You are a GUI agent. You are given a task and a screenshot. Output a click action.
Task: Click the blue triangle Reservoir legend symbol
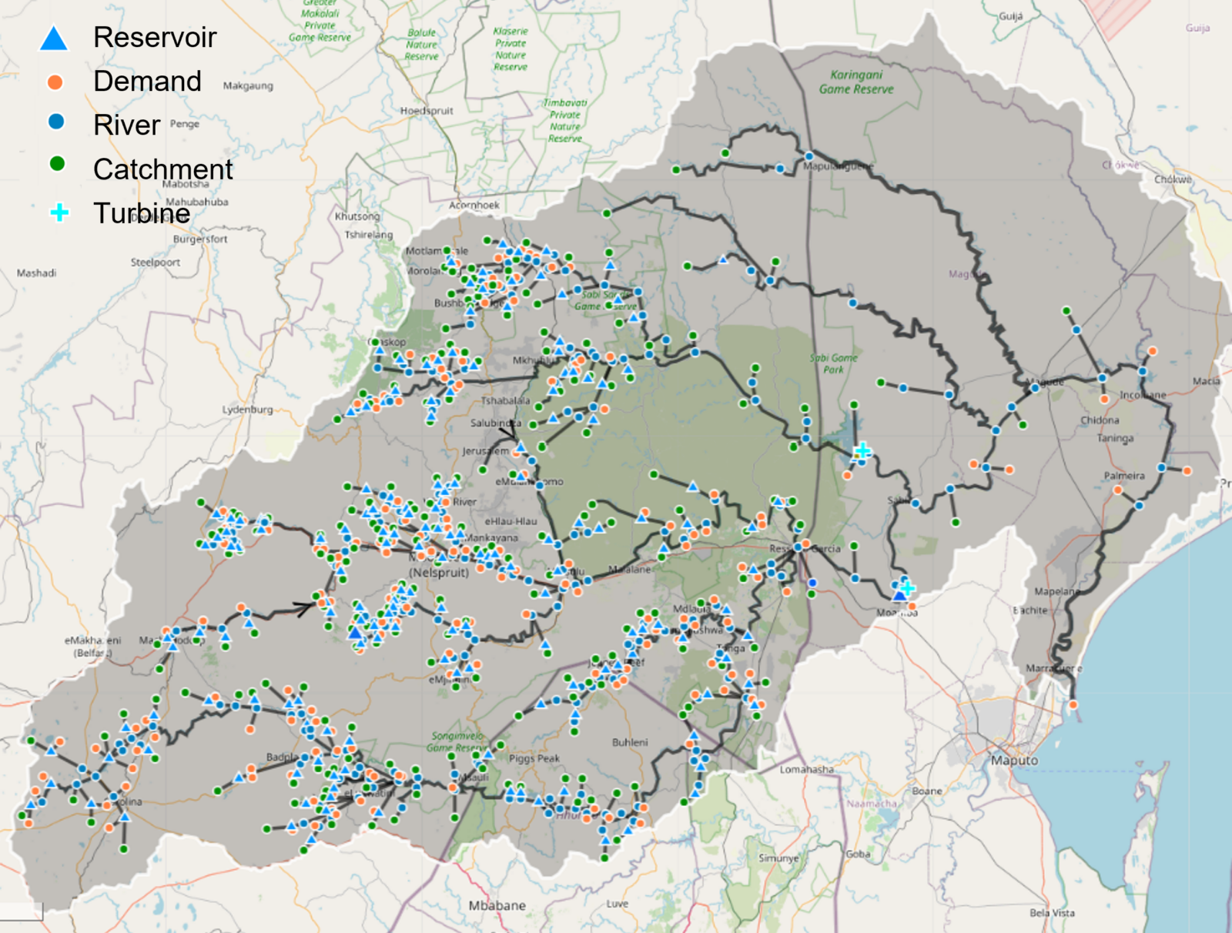(54, 38)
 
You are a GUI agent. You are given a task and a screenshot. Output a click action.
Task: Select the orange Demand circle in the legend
(55, 82)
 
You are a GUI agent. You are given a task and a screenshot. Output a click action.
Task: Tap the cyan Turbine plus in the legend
(59, 212)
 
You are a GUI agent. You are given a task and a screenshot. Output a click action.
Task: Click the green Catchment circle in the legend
(57, 164)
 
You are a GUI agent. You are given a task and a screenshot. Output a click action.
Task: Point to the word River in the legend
(126, 125)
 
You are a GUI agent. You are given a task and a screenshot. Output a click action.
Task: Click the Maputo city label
(1014, 761)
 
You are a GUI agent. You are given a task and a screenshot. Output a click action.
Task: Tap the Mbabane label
(497, 906)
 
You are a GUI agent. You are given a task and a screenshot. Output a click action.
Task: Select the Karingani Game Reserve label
(856, 82)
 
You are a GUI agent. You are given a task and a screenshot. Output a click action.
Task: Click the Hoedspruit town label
(427, 111)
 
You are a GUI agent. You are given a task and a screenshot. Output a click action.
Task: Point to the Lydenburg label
(247, 410)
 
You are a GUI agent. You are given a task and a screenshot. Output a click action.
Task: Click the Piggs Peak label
(534, 759)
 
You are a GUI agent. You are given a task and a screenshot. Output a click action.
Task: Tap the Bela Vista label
(1052, 913)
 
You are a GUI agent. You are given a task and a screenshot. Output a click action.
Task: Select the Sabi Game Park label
(833, 363)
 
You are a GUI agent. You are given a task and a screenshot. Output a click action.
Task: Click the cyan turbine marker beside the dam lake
(862, 450)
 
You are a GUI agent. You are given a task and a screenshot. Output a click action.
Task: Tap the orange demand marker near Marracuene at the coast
(1073, 704)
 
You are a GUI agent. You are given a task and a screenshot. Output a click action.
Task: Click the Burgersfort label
(200, 239)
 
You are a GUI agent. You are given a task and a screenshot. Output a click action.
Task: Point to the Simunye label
(778, 858)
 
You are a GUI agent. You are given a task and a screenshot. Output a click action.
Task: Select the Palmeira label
(1124, 476)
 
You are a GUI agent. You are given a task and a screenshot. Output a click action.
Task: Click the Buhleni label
(630, 743)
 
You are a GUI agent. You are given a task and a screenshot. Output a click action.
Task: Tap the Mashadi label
(36, 273)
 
